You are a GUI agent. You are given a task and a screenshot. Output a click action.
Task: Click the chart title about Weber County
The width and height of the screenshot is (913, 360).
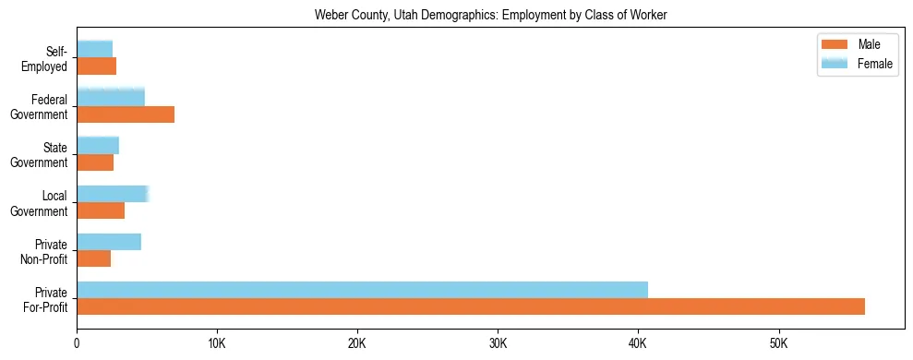coord(490,15)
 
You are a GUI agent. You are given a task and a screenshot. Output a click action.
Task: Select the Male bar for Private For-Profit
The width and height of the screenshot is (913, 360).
coord(470,306)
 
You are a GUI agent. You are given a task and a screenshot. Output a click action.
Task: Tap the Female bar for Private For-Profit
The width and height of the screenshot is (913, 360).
coord(362,289)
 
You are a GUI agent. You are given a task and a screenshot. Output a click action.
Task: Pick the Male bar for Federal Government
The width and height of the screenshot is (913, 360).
coord(126,114)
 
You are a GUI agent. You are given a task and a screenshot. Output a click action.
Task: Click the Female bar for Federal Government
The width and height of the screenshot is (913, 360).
coord(111,97)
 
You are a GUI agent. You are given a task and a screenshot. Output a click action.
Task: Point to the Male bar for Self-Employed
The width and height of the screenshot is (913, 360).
coord(96,66)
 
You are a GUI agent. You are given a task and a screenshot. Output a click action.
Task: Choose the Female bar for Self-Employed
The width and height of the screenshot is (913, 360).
coord(94,49)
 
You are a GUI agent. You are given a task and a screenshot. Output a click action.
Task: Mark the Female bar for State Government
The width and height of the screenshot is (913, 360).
coord(98,145)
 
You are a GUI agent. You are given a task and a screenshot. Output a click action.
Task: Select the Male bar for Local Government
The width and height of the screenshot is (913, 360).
coord(101,210)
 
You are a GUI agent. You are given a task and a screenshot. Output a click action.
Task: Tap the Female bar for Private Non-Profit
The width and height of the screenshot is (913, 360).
coord(109,241)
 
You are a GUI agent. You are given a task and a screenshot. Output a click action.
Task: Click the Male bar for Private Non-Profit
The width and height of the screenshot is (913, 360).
coord(93,258)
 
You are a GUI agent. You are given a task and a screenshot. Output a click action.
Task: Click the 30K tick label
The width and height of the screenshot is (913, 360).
coord(498,344)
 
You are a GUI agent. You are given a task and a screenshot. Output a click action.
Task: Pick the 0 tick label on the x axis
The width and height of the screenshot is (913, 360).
coord(77,344)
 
